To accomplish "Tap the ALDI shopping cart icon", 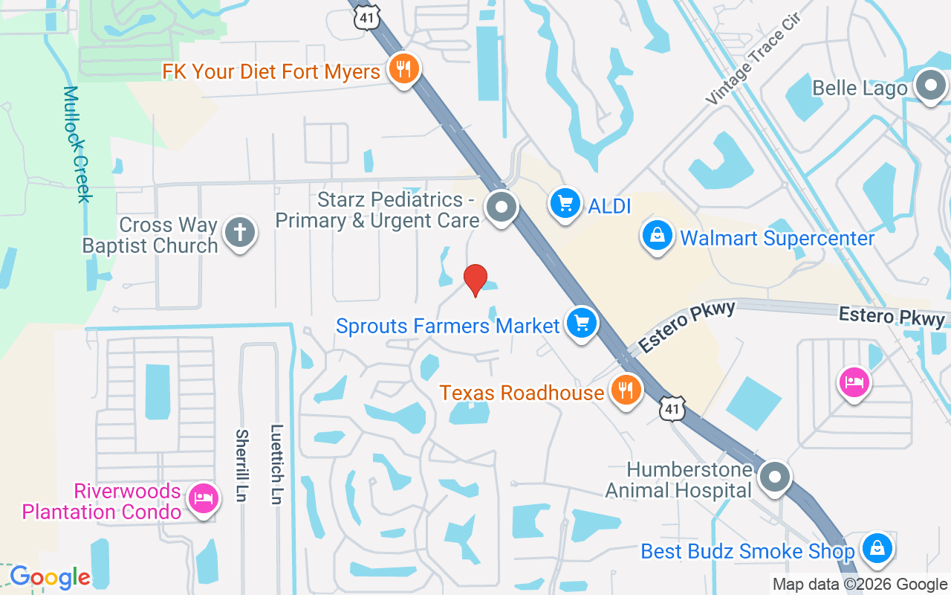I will [x=565, y=203].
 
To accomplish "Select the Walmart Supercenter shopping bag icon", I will [x=658, y=236].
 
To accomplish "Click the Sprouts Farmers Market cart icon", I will [x=582, y=324].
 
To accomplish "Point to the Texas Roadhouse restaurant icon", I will [x=626, y=389].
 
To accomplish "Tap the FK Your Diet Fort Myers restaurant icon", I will [x=403, y=70].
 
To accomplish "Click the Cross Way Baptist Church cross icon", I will [x=239, y=232].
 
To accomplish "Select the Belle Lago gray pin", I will [x=929, y=86].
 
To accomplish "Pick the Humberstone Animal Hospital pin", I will [x=775, y=476].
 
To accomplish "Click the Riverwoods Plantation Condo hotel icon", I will [x=202, y=498].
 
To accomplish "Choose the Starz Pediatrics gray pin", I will [x=502, y=207].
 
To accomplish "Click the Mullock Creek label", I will [x=76, y=144].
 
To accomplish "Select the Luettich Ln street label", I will [x=277, y=466].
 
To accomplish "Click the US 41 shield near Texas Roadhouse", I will [x=672, y=408].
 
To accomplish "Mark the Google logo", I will [x=50, y=577].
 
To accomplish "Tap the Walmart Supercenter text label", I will [x=777, y=239].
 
